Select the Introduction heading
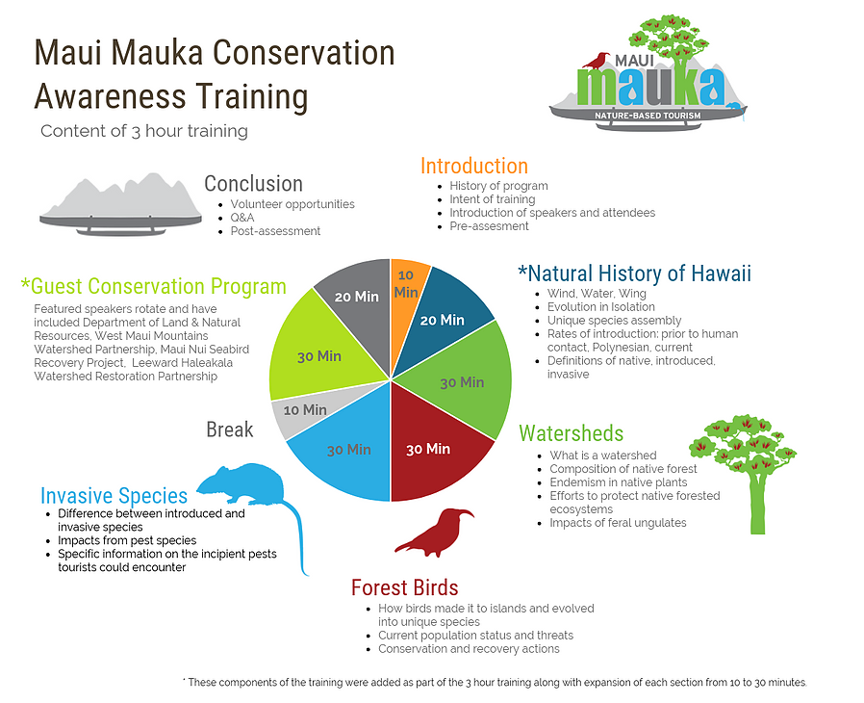[x=473, y=166]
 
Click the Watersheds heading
[x=571, y=432]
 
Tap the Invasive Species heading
[x=114, y=496]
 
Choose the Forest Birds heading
[x=404, y=587]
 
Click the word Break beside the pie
[x=229, y=430]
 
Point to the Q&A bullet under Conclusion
[x=242, y=218]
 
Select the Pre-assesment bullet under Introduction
[x=489, y=226]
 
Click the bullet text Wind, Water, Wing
[x=597, y=294]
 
